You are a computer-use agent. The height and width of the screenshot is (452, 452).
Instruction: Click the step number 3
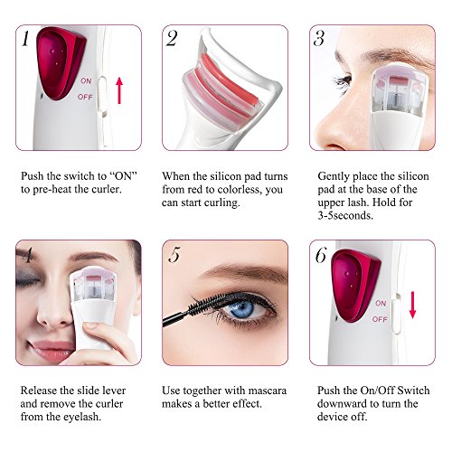[x=318, y=40]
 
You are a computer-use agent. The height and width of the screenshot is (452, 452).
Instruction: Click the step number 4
[x=27, y=255]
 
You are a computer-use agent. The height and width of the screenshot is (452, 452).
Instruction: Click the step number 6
[x=320, y=256]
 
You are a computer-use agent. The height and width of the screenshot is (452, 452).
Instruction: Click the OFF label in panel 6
[x=381, y=319]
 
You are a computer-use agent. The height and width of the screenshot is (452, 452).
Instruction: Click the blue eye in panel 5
[x=240, y=309]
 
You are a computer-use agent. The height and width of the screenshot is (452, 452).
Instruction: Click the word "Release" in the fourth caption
[x=40, y=391]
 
